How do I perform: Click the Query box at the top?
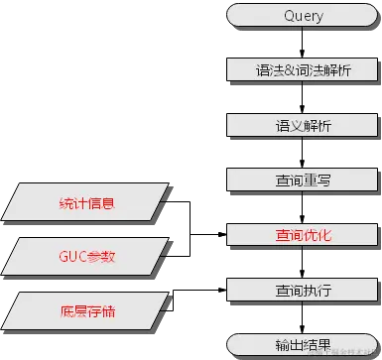(x=303, y=16)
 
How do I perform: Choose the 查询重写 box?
(x=303, y=180)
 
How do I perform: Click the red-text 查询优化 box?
(x=303, y=235)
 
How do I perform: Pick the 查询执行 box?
(x=303, y=290)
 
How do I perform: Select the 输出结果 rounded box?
(x=303, y=344)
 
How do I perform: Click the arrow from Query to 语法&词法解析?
(x=303, y=43)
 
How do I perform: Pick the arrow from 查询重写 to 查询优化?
(x=303, y=207)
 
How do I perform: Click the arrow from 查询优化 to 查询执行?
(x=303, y=262)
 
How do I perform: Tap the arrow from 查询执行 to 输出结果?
(x=303, y=316)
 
